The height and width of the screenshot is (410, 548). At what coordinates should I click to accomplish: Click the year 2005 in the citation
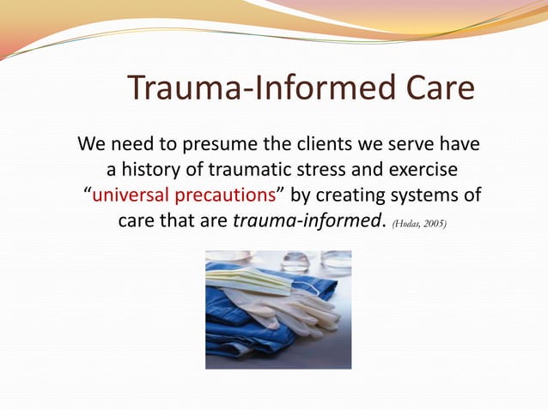[x=435, y=223]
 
